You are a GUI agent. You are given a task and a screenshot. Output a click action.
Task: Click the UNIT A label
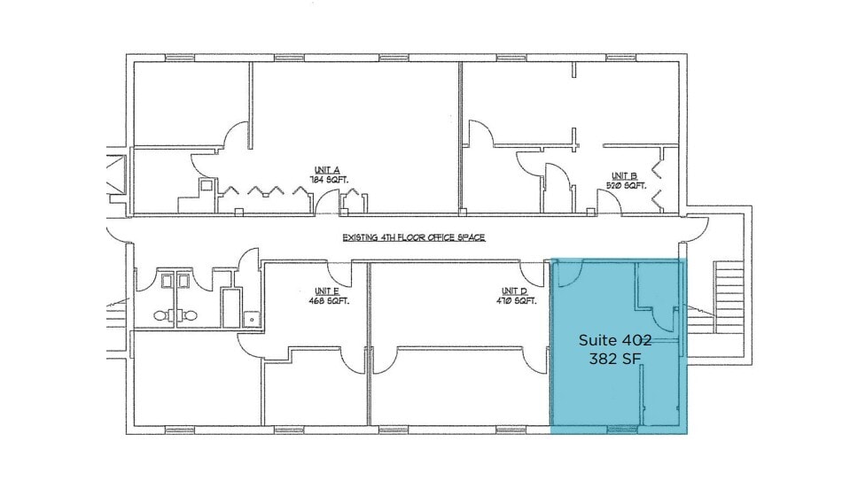point(327,169)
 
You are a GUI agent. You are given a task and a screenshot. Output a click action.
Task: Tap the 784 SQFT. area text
point(328,180)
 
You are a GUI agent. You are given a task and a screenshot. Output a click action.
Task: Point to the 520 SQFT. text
point(626,186)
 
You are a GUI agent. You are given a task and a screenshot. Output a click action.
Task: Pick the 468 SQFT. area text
point(328,301)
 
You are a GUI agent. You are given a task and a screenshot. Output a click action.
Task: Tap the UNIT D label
point(514,291)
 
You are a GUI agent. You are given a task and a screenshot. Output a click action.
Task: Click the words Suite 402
point(615,340)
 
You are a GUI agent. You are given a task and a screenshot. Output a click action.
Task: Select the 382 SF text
point(615,359)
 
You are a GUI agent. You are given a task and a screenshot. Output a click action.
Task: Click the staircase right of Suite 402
point(729,297)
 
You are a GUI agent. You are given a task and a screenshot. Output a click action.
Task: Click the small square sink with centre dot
point(252,317)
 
